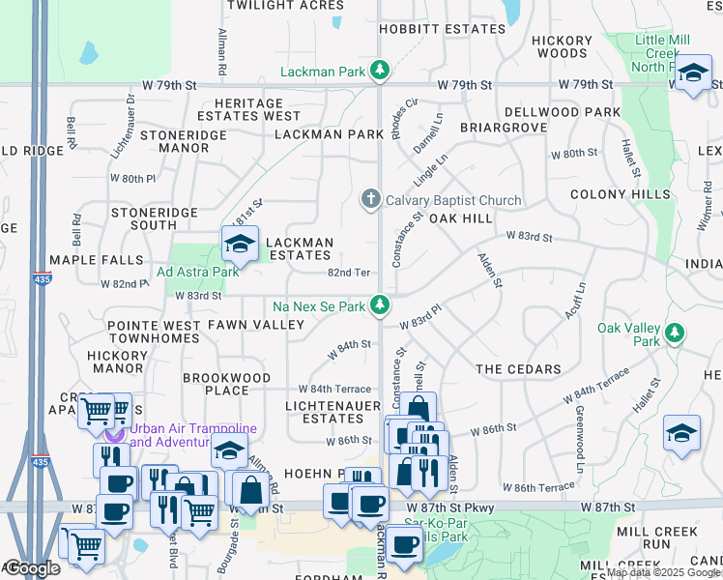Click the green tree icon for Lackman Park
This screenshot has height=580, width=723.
[382, 71]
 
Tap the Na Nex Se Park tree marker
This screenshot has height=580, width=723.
[382, 305]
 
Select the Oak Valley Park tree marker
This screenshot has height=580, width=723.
[675, 334]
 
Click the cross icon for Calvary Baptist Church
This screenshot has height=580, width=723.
[369, 200]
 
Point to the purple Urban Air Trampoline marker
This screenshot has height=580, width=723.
[115, 431]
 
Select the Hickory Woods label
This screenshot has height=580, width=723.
[562, 46]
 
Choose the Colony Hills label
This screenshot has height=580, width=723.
[620, 194]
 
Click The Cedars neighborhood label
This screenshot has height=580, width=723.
[518, 369]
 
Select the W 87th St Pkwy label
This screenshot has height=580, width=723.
[449, 507]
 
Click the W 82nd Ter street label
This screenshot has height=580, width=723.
[349, 274]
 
